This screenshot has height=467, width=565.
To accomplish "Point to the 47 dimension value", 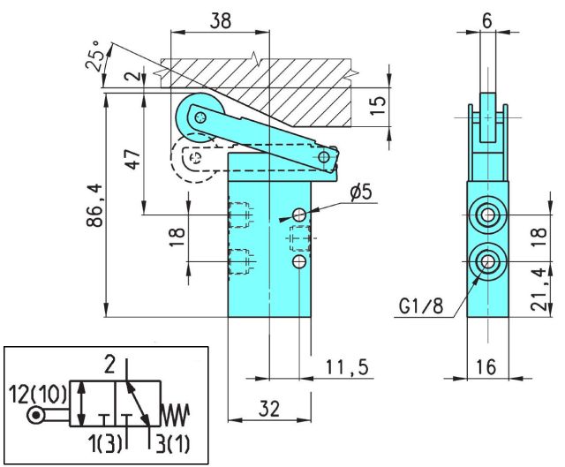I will (133, 160).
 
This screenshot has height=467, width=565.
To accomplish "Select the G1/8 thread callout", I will (420, 307).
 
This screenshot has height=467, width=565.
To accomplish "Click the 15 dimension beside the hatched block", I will (377, 102).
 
